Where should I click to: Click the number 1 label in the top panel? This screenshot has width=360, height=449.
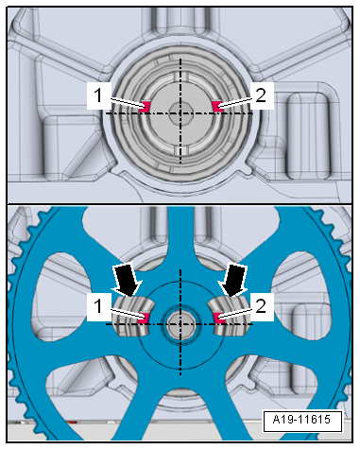[99, 94]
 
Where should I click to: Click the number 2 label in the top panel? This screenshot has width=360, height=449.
[262, 94]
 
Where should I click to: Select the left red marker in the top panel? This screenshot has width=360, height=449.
[146, 107]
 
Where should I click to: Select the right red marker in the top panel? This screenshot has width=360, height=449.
[217, 106]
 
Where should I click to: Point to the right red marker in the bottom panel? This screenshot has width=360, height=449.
[217, 318]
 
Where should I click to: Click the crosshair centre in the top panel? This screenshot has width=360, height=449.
[180, 112]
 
